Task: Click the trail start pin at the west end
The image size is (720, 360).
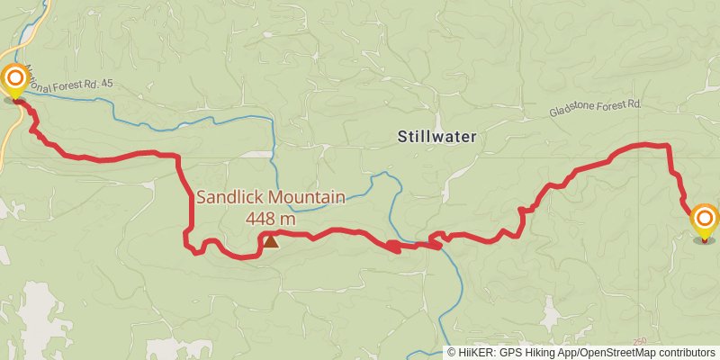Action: (14, 80)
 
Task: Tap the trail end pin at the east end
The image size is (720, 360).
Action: (704, 220)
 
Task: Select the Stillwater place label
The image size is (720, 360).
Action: (436, 138)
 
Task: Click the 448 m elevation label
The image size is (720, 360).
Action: (270, 218)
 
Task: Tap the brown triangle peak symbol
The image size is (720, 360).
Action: (270, 240)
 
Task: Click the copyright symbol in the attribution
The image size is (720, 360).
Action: (452, 353)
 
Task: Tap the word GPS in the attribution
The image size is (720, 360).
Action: (512, 353)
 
